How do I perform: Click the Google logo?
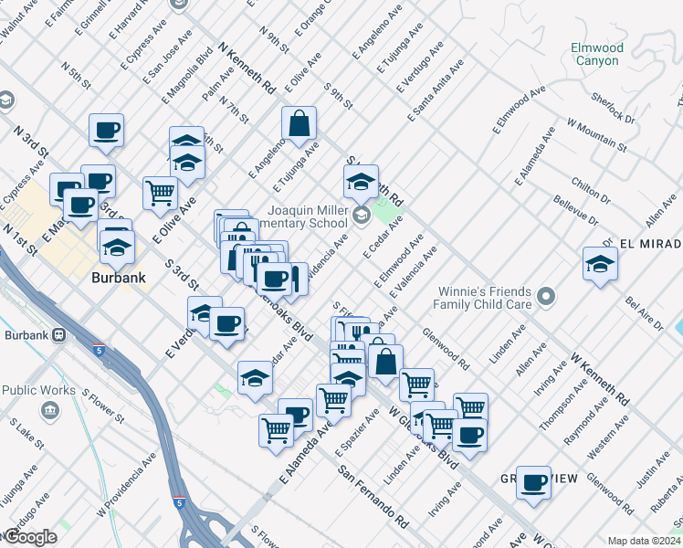[29, 536]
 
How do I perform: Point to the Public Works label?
[38, 391]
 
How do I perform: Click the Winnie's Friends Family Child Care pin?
[546, 296]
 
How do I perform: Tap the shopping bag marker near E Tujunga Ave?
[299, 122]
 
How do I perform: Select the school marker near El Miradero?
[600, 263]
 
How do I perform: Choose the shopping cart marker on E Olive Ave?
[160, 193]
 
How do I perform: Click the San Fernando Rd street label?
[373, 498]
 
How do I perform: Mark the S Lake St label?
[26, 435]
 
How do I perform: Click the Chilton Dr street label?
[593, 183]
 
